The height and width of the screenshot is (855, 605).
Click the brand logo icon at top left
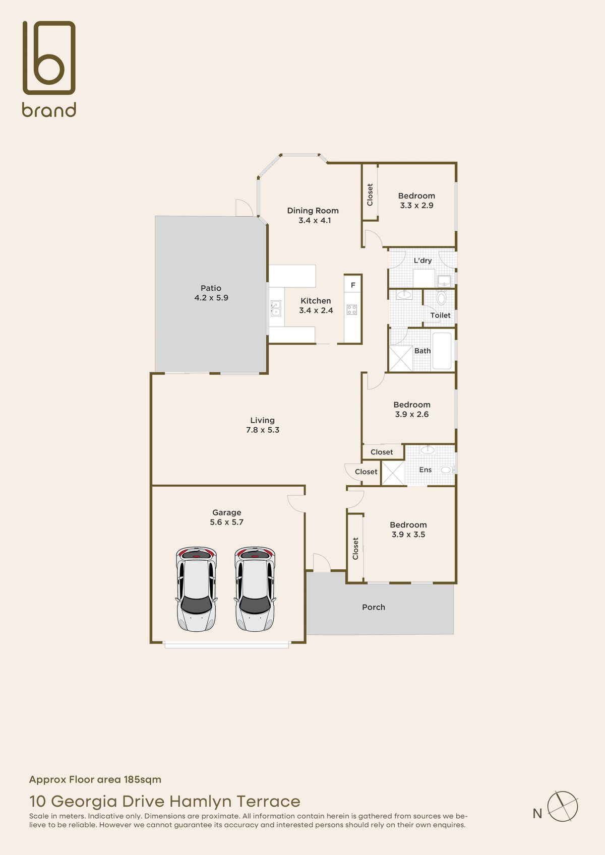(x=49, y=57)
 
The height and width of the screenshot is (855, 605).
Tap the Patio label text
(x=211, y=288)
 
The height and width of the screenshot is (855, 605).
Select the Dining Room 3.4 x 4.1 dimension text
(x=315, y=221)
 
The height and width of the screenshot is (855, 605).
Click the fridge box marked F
(x=353, y=285)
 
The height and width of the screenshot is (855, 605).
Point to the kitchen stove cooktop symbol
(x=352, y=310)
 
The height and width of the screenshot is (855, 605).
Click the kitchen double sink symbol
(x=275, y=308)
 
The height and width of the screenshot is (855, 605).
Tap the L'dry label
(x=422, y=260)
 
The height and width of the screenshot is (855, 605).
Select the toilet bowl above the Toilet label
(x=441, y=298)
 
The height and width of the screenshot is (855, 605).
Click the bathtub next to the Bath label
(x=442, y=351)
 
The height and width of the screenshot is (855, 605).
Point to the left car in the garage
(x=197, y=588)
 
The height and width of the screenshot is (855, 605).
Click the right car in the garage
(x=255, y=588)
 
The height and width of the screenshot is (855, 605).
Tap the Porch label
(x=374, y=607)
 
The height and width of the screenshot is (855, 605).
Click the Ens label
(x=425, y=470)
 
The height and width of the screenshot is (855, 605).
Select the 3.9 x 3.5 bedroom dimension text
(x=408, y=535)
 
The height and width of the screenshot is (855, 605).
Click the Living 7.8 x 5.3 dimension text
(x=263, y=430)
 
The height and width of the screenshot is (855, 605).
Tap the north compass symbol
(x=562, y=806)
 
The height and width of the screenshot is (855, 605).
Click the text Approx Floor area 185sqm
(x=95, y=779)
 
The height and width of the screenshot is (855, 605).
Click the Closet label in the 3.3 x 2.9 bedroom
(x=370, y=194)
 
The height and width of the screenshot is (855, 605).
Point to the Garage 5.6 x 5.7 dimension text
(x=226, y=522)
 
